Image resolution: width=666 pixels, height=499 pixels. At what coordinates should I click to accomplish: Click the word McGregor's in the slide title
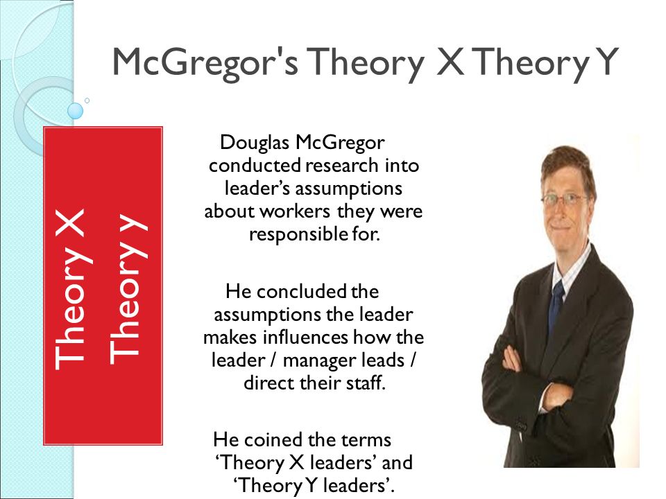pos(205,62)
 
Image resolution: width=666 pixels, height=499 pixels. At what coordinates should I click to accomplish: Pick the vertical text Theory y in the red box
pos(128,286)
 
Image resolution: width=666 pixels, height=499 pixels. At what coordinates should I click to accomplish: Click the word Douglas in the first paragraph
pos(255,143)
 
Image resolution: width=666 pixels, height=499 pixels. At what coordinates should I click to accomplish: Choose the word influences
pos(306,338)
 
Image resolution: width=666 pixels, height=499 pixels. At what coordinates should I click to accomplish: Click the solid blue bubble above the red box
pos(75,111)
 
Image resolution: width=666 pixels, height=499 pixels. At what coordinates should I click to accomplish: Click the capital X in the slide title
pos(450,61)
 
